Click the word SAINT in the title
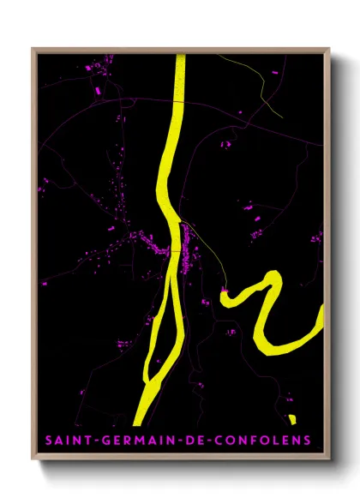65,441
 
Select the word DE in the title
183,441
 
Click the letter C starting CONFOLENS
210,441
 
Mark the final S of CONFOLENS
306,441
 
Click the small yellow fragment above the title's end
292,419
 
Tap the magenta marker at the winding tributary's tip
224,292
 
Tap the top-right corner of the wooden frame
328,50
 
